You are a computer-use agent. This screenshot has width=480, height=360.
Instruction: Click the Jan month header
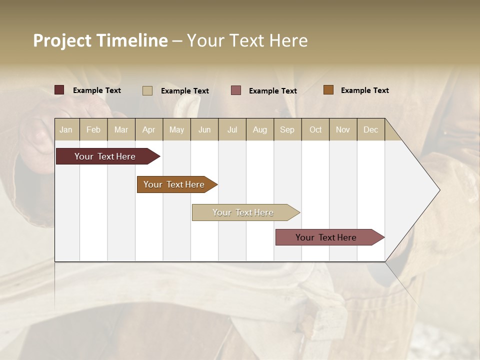66,129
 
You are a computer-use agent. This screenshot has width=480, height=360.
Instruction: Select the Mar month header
121,129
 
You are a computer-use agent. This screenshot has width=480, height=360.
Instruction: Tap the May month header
176,129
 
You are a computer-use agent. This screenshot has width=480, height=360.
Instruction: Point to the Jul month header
232,129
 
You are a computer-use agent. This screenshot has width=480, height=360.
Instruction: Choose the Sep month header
287,129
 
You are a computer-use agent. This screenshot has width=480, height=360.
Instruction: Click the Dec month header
370,129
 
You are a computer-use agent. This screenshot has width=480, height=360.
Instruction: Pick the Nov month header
342,129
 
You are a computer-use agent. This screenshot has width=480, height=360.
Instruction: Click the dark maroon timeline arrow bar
105,156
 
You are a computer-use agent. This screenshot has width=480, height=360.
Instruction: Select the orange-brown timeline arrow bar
174,184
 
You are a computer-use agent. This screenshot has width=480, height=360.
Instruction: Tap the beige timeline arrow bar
243,212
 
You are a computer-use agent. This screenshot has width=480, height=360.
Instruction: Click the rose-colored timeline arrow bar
326,237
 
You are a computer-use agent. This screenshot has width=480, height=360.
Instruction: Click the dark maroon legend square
59,90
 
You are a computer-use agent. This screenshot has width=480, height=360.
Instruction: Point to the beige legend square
147,90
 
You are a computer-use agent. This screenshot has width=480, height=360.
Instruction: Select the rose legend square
236,90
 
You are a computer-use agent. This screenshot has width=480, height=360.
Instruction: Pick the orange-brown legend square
328,90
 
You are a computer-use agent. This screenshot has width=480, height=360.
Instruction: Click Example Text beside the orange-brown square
364,90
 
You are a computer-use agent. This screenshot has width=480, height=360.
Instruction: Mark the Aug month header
259,129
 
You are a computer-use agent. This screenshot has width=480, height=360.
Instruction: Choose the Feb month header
93,129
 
